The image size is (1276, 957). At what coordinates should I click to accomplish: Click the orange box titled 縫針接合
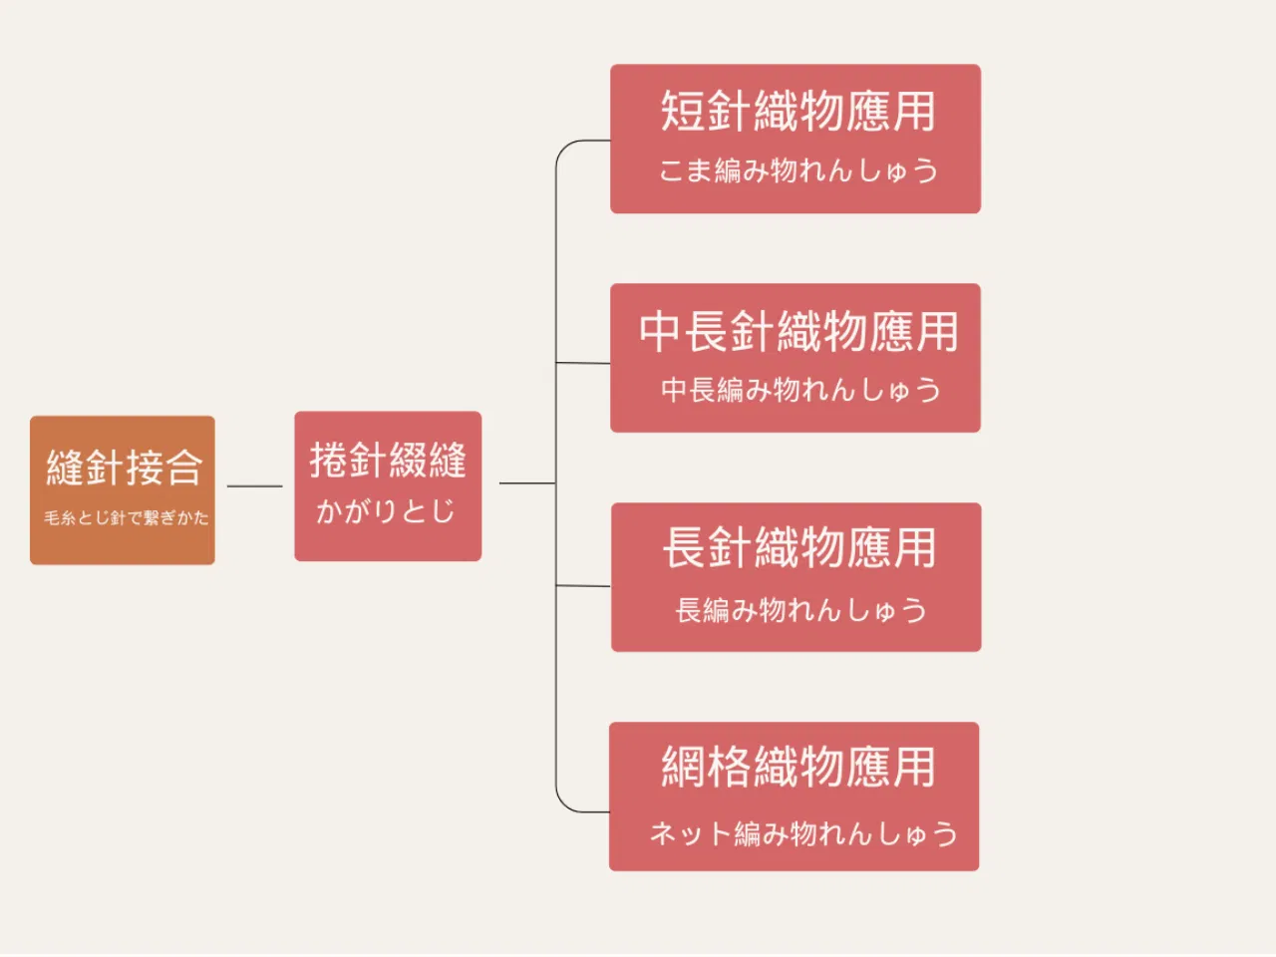point(123,489)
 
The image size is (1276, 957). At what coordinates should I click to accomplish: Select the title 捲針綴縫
point(388,461)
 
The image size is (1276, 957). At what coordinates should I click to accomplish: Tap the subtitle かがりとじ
point(385,510)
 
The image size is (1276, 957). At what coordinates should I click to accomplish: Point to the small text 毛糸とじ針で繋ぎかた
point(127,517)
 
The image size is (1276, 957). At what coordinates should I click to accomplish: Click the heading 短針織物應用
point(797,111)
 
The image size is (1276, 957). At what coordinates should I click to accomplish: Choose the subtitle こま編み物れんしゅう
point(798,170)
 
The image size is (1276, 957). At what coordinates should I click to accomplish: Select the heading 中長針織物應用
point(797,331)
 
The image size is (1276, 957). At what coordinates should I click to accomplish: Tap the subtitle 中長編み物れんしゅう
point(800,390)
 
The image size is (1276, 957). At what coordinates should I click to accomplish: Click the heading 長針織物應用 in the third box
point(798,547)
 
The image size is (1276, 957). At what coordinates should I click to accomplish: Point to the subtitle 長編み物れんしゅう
point(800,610)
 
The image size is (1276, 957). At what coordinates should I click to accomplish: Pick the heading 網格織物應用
point(797,767)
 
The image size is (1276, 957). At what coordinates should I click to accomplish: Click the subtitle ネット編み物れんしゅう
point(803,833)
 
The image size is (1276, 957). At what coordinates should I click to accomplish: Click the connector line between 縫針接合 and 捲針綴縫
point(254,485)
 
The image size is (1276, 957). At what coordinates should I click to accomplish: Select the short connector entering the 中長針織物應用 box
point(583,363)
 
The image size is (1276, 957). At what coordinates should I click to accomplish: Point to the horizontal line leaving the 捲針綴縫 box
point(527,482)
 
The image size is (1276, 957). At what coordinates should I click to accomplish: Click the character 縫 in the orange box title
point(65,468)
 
